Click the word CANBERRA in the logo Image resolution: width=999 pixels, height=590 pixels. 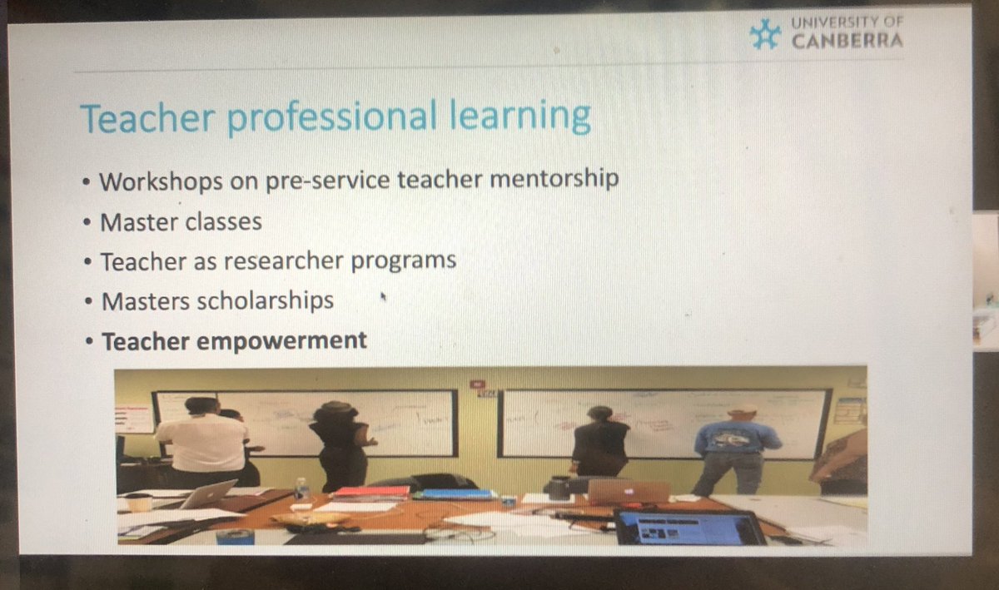coord(847,41)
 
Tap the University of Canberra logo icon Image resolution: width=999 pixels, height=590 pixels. coord(765,33)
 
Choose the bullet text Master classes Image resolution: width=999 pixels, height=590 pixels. coord(181,221)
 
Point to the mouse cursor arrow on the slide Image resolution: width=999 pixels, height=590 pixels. coord(383,296)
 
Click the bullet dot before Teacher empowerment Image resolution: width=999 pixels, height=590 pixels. coord(90,340)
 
